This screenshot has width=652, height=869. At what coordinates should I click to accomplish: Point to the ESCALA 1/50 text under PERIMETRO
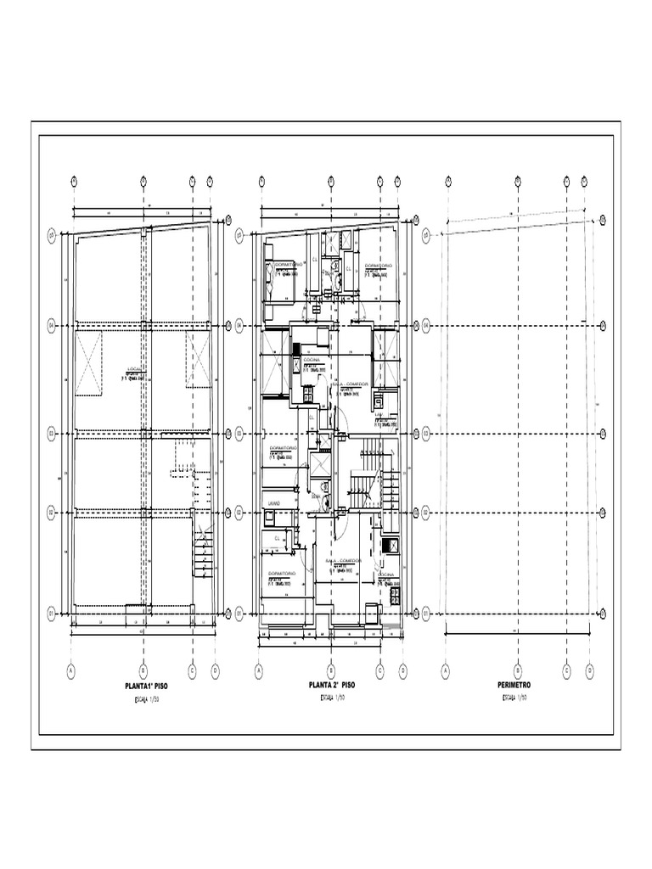tap(515, 698)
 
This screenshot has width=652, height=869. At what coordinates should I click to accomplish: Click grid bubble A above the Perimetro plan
tap(447, 180)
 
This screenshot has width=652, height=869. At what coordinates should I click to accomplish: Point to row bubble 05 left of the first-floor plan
tap(51, 234)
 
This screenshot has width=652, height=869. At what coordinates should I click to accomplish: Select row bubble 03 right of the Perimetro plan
tap(603, 433)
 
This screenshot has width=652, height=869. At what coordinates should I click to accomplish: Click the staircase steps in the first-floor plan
tap(203, 557)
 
